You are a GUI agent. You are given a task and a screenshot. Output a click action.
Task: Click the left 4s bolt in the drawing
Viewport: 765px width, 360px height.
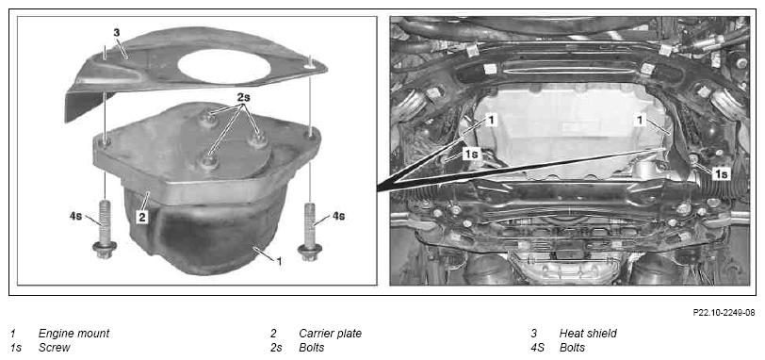point(104,228)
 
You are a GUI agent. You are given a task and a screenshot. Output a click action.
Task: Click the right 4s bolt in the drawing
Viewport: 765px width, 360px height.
point(309,231)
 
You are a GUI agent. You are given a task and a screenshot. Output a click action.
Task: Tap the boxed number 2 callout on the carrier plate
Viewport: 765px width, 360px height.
point(141,217)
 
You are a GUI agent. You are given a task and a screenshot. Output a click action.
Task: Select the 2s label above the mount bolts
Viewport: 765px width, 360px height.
point(244,95)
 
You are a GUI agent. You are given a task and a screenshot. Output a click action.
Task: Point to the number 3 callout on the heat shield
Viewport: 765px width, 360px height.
point(116,33)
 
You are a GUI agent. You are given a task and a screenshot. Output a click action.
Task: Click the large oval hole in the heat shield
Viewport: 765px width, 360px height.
point(224,66)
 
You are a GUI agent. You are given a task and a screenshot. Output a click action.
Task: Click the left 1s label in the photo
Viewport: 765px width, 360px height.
point(472,155)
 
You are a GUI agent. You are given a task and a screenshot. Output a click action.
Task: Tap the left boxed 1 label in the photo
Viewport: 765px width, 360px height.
point(491,120)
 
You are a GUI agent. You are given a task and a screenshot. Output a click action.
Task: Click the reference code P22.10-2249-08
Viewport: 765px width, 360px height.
point(724,313)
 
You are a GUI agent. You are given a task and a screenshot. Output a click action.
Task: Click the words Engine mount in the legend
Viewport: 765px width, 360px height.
point(73,335)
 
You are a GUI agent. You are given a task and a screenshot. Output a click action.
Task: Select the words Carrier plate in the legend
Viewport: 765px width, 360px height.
point(331,334)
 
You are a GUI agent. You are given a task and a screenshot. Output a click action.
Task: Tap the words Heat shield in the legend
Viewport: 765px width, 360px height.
point(588,334)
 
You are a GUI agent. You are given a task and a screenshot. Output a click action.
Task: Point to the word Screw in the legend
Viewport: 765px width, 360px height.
point(54,348)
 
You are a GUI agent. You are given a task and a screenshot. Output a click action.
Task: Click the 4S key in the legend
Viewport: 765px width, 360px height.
point(538,348)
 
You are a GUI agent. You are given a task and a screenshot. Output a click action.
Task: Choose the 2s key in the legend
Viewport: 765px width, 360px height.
point(276,348)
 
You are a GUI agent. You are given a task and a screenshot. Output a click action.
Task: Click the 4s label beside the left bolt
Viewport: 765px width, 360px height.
point(75,215)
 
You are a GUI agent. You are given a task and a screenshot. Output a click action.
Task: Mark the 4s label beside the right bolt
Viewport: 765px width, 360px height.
point(338,216)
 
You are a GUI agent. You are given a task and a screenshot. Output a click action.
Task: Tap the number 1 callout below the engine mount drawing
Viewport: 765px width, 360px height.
point(279,261)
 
